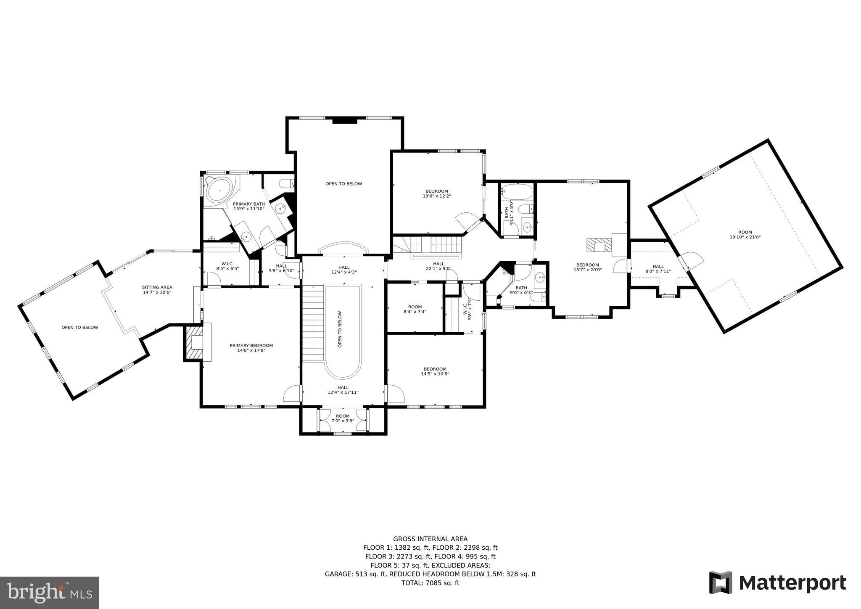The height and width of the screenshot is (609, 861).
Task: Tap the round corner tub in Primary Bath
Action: (219, 191)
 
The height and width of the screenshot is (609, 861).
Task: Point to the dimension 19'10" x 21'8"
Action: (745, 237)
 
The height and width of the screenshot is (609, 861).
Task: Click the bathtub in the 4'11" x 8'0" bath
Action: (517, 192)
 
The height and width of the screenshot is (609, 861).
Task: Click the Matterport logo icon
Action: (721, 583)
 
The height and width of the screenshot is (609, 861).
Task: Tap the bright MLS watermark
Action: (49, 593)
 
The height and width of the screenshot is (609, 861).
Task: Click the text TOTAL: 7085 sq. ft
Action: (430, 583)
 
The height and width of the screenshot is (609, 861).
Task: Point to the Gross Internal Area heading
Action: (430, 539)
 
